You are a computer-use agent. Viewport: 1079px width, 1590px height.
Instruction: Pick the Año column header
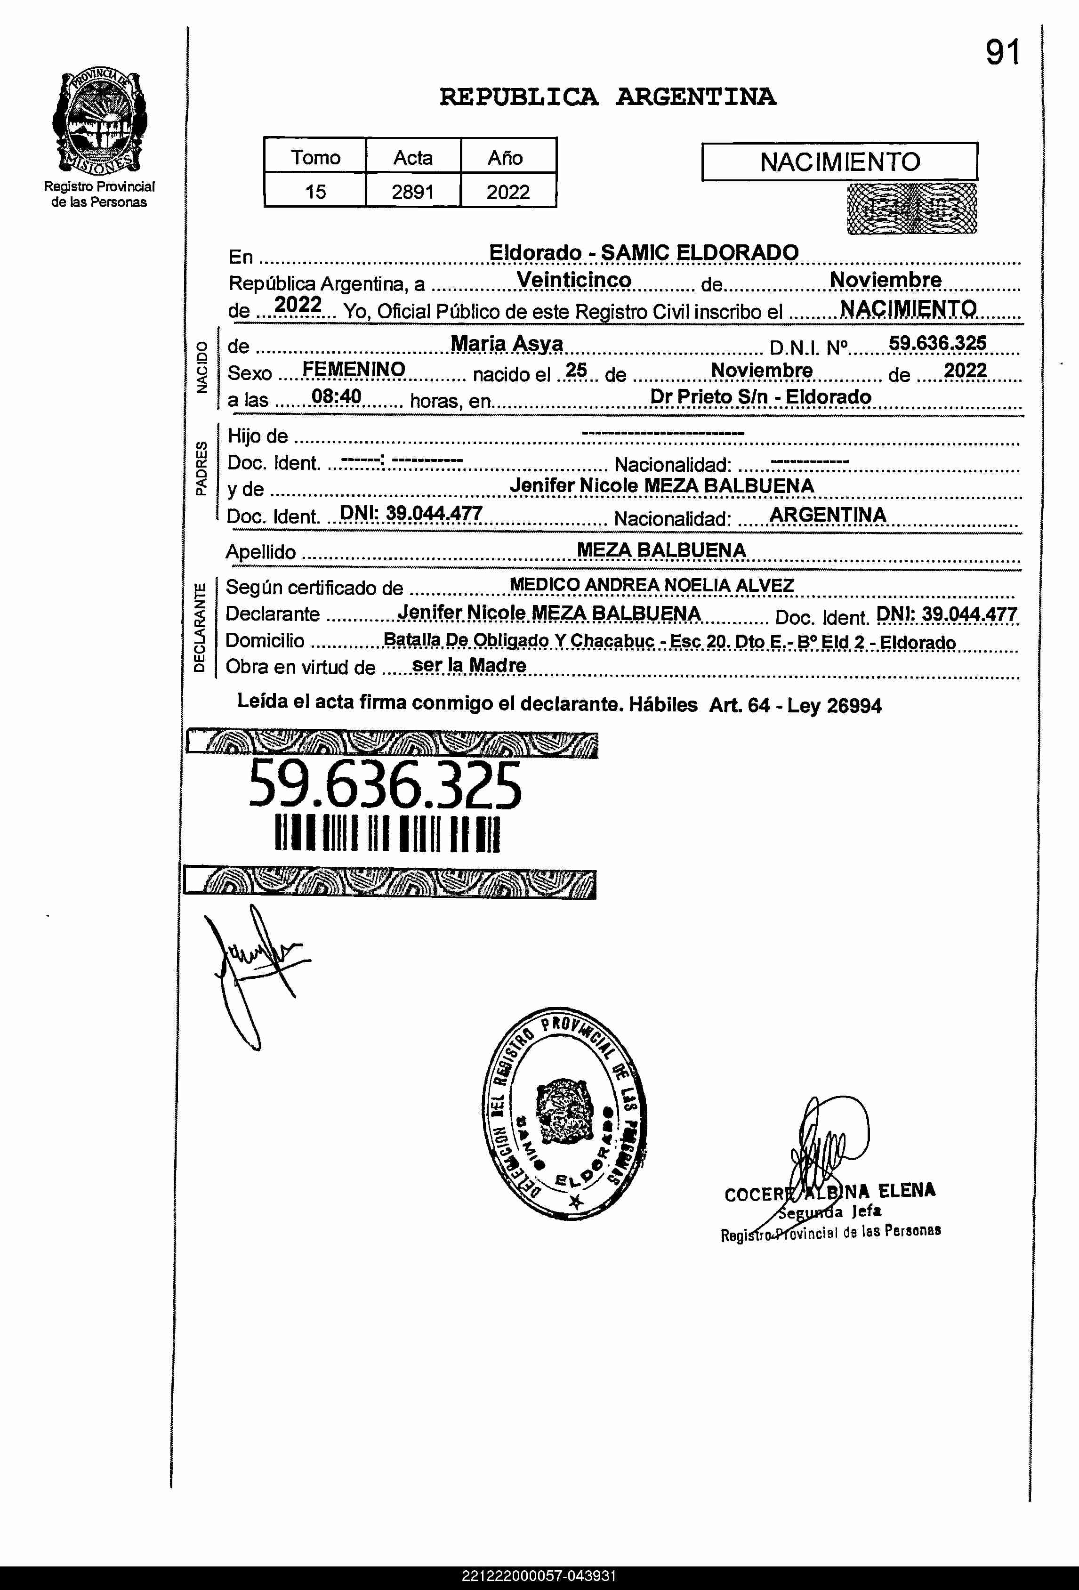click(505, 157)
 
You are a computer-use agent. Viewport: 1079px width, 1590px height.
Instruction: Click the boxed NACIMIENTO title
click(839, 162)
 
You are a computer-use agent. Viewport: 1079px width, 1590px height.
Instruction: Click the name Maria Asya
click(507, 343)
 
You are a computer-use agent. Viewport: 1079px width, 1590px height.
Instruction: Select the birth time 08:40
click(336, 396)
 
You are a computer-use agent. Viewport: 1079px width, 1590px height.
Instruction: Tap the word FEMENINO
click(354, 370)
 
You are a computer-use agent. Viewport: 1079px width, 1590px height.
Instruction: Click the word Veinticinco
click(573, 280)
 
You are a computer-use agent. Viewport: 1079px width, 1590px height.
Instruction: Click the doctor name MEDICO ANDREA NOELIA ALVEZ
click(652, 586)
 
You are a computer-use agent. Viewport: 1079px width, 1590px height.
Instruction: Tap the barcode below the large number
click(387, 833)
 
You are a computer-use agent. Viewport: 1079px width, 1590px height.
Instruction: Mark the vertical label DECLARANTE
click(200, 627)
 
